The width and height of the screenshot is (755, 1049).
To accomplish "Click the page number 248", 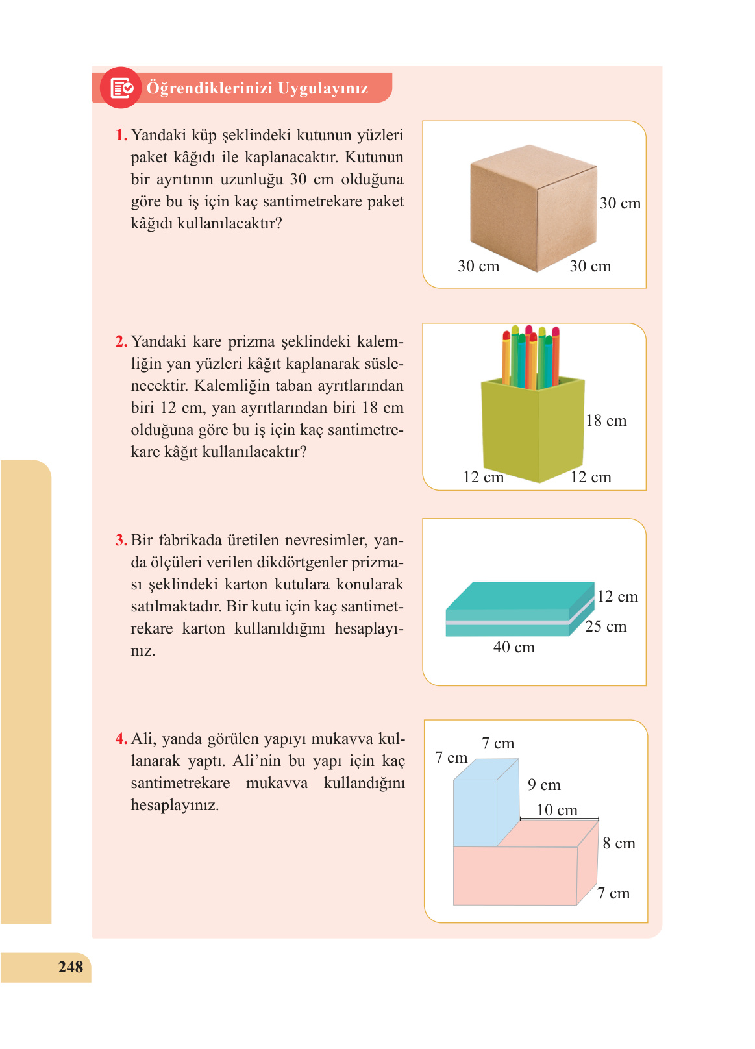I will (70, 967).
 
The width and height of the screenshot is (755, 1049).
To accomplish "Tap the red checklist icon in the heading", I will (121, 88).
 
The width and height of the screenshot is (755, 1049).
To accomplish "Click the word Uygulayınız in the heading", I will (323, 88).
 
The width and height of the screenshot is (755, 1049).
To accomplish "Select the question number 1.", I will (121, 135).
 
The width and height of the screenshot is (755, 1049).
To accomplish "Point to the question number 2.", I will (121, 341).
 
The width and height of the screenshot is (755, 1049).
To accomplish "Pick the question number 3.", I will (121, 540).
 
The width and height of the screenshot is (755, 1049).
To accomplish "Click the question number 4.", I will (121, 739).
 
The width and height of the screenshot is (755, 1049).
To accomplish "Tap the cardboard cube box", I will (532, 208).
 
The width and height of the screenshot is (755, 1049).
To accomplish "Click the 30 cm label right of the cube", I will (620, 203).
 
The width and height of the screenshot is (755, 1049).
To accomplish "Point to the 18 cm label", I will (606, 421).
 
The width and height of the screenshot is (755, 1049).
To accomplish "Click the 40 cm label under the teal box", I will (514, 647).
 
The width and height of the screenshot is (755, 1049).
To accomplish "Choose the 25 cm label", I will (606, 626).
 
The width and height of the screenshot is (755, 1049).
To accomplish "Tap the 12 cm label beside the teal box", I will (617, 597).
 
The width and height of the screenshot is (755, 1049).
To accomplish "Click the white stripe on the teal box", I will (506, 623).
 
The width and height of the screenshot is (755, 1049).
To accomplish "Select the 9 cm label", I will (544, 785).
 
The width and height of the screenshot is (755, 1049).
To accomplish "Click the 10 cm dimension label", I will (557, 810).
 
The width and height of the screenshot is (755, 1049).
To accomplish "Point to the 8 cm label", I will (619, 843).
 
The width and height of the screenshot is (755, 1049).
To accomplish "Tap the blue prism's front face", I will (475, 813).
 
